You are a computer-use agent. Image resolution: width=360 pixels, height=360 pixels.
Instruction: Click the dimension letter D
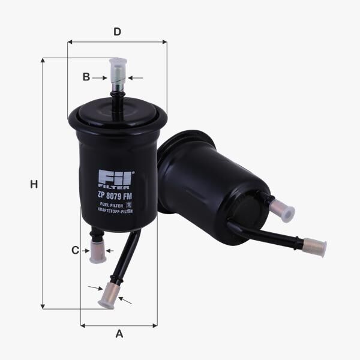tap(118, 31)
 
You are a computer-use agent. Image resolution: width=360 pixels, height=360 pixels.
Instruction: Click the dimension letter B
tap(86, 77)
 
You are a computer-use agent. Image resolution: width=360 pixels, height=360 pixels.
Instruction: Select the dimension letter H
tap(34, 185)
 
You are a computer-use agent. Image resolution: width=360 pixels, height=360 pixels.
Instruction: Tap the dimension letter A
tap(119, 334)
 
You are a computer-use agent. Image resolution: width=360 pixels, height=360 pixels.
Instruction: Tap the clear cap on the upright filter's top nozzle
tap(118, 69)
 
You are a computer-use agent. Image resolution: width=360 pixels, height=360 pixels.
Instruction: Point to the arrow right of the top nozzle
tap(136, 77)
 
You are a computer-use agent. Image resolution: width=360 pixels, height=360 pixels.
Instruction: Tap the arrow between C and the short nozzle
tap(84, 250)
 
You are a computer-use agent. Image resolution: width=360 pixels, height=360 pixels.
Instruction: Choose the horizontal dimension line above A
tap(119, 326)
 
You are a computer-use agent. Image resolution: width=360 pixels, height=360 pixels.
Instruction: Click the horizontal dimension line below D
tap(118, 42)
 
